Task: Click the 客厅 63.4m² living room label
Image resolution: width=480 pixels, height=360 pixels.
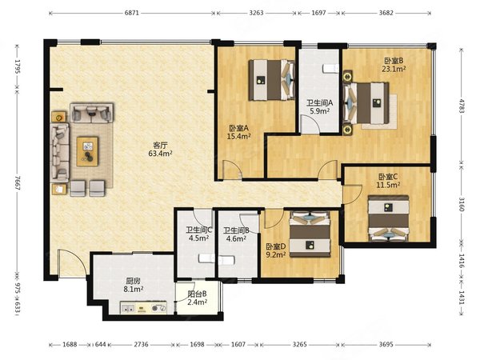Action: pyautogui.click(x=160, y=149)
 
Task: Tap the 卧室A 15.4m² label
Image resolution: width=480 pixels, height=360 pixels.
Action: pyautogui.click(x=238, y=132)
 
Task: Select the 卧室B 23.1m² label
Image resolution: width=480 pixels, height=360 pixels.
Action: pyautogui.click(x=394, y=65)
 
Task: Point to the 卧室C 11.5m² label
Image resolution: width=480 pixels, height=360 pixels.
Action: pyautogui.click(x=388, y=181)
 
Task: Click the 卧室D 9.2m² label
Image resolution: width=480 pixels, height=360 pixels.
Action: pyautogui.click(x=276, y=250)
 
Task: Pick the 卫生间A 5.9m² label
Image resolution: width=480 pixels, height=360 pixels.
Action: pyautogui.click(x=319, y=107)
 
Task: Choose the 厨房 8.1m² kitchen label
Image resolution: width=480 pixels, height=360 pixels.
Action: pyautogui.click(x=134, y=285)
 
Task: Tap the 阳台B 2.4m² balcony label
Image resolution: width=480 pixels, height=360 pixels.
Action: pyautogui.click(x=197, y=298)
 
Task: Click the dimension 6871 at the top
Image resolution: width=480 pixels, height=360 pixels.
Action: pyautogui.click(x=132, y=13)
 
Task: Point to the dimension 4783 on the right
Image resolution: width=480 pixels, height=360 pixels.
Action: pyautogui.click(x=462, y=106)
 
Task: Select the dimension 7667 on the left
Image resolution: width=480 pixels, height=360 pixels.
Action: pyautogui.click(x=17, y=183)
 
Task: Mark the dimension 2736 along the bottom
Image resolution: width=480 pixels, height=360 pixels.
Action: pyautogui.click(x=141, y=344)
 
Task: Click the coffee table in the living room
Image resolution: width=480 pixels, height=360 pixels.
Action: pyautogui.click(x=87, y=151)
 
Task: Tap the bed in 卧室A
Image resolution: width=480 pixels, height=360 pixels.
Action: pyautogui.click(x=272, y=80)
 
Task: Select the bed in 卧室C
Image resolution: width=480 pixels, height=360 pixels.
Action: pyautogui.click(x=389, y=218)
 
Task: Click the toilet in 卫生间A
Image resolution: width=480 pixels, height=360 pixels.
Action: pyautogui.click(x=331, y=69)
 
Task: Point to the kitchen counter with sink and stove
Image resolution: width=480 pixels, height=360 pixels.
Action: pyautogui.click(x=143, y=308)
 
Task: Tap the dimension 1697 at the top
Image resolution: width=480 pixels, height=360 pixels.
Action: pyautogui.click(x=318, y=13)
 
